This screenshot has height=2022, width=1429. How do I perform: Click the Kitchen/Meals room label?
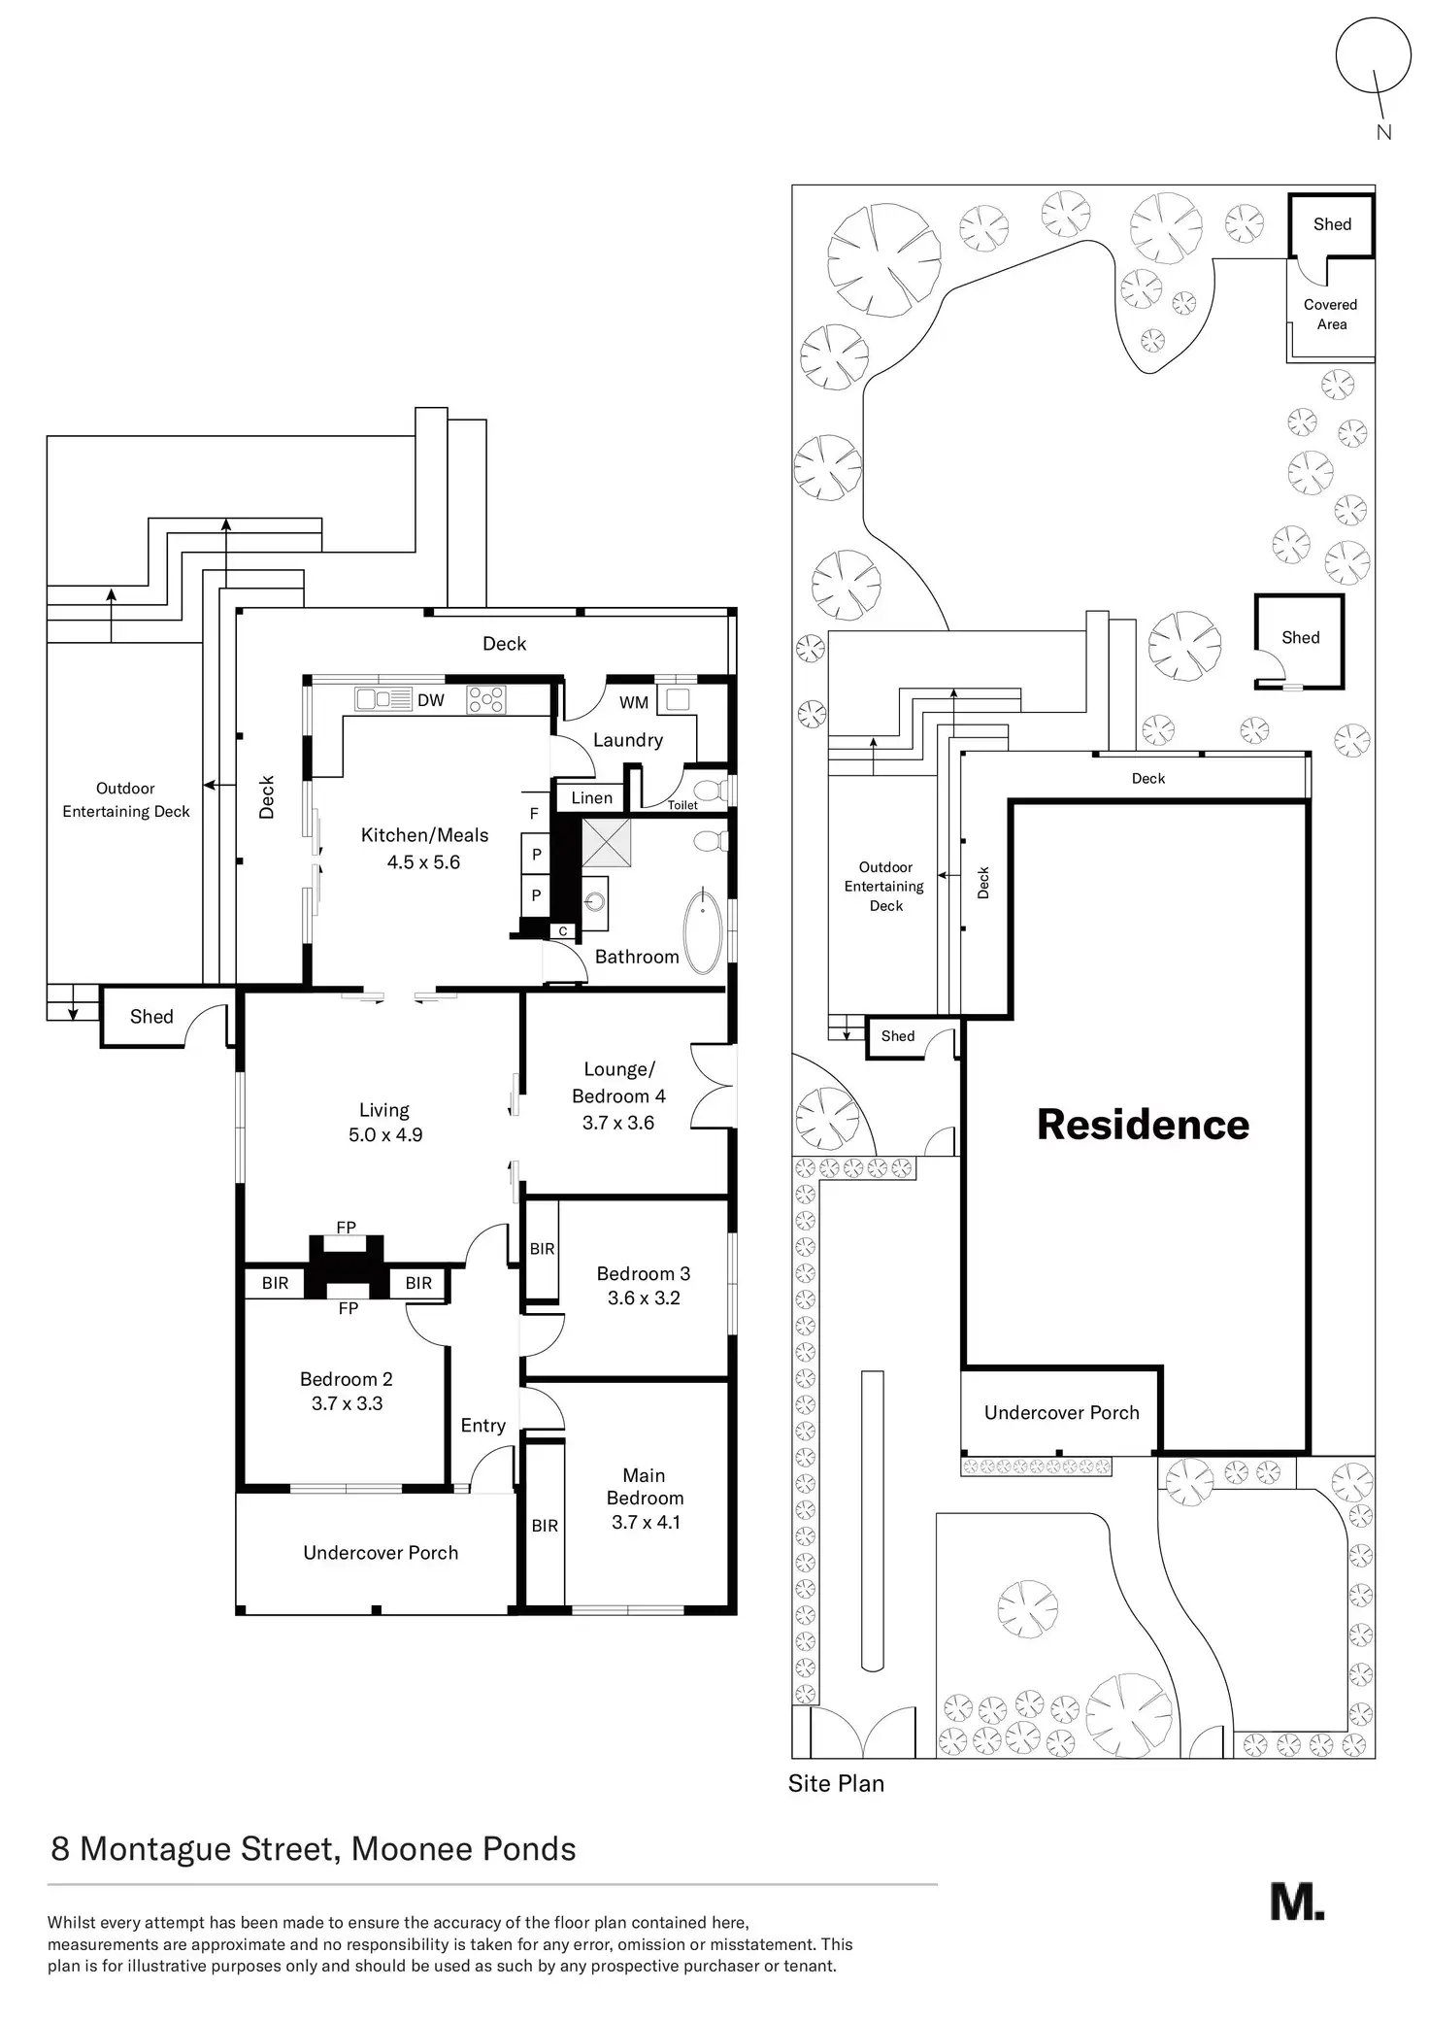424,835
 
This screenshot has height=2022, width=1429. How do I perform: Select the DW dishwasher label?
430,700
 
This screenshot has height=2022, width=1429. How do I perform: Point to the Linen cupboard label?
591,797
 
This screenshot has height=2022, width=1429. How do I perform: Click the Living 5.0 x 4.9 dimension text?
385,1134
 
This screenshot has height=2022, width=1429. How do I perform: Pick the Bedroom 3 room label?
643,1273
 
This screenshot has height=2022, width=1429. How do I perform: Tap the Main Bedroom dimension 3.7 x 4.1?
646,1522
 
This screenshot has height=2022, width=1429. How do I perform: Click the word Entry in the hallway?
482,1425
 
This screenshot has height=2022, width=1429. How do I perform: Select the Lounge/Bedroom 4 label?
618,1082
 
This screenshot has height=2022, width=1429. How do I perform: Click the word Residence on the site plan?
1143,1124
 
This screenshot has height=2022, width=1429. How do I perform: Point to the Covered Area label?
1331,314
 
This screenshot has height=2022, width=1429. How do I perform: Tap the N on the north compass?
1384,133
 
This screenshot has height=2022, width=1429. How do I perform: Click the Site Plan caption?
836,1783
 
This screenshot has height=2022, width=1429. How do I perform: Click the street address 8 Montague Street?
194,1848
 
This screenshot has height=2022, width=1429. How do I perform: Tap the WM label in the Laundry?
634,702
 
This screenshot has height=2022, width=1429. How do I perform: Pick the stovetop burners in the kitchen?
486,700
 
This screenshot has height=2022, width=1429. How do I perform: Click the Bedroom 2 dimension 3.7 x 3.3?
347,1403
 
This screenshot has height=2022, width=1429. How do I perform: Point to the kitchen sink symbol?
380,698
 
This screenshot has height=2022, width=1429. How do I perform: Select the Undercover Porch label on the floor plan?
381,1552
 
